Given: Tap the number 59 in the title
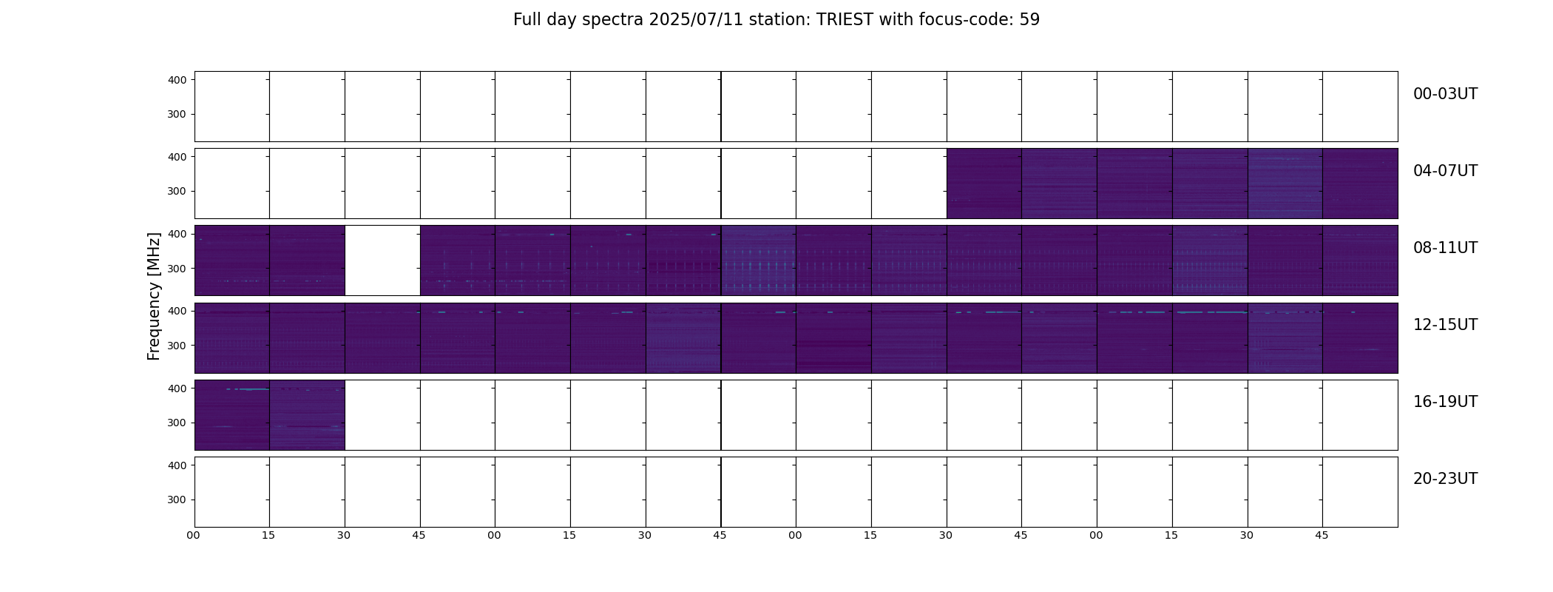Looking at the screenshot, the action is tap(1029, 20).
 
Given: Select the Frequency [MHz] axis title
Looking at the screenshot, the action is tap(154, 296).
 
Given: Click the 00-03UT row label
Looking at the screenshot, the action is tap(1445, 94).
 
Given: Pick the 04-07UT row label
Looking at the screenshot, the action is tap(1445, 171).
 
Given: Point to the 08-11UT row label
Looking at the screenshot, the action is tap(1445, 248).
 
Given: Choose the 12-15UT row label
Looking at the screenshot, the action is tap(1445, 325).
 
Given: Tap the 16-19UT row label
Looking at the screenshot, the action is tap(1445, 402).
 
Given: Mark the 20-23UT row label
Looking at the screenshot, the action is tap(1445, 479).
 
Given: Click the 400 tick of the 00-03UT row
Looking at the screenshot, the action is tap(177, 80).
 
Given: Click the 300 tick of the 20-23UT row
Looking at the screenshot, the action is tap(177, 499).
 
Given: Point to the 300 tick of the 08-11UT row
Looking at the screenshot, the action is tap(177, 269).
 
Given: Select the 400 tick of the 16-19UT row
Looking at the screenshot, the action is tap(177, 388).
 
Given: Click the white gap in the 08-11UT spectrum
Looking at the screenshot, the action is tap(382, 260).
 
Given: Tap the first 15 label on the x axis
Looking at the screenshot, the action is tap(268, 535).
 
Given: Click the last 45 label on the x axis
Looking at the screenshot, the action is tap(1322, 535).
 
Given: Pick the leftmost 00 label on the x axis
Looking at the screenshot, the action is tap(193, 535).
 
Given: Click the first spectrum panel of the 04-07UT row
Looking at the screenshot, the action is tap(984, 184).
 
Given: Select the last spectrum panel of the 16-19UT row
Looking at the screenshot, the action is tap(307, 415).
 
